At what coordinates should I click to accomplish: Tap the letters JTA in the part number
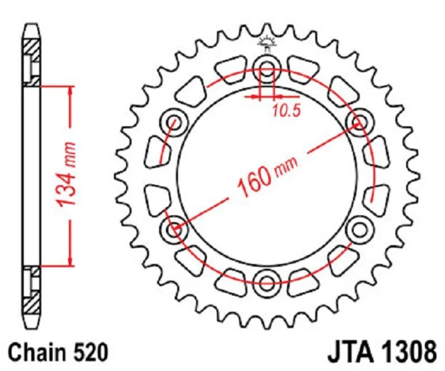pos(347,351)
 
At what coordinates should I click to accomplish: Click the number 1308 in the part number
pos(407,351)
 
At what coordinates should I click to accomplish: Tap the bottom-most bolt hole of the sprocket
pos(266,280)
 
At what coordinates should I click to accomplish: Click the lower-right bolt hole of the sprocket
pos(359,228)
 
